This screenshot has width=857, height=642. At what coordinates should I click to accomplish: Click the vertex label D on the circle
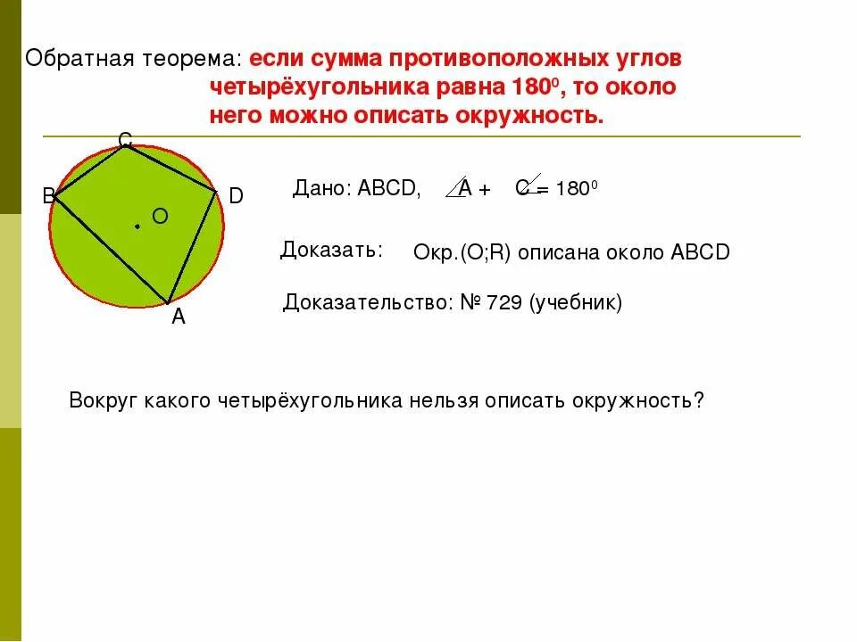pyautogui.click(x=236, y=196)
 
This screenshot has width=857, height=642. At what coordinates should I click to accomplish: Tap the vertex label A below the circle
pyautogui.click(x=179, y=317)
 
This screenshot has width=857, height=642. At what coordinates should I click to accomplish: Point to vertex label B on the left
pyautogui.click(x=48, y=197)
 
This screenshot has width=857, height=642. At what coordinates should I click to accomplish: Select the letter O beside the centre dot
pyautogui.click(x=160, y=216)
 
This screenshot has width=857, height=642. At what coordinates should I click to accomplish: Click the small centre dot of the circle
pyautogui.click(x=137, y=226)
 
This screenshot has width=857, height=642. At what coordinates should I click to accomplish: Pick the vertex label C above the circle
pyautogui.click(x=125, y=140)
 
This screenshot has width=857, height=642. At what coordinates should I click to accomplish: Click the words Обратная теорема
pyautogui.click(x=133, y=59)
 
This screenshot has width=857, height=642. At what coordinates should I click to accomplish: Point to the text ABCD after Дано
pyautogui.click(x=388, y=188)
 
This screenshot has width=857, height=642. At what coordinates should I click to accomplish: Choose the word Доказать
pyautogui.click(x=331, y=250)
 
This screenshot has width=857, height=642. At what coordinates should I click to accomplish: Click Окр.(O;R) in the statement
pyautogui.click(x=462, y=252)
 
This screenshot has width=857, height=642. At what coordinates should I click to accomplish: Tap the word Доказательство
pyautogui.click(x=367, y=303)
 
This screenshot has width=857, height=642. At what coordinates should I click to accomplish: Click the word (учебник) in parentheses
pyautogui.click(x=576, y=303)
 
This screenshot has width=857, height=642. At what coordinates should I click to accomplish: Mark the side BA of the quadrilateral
pyautogui.click(x=112, y=250)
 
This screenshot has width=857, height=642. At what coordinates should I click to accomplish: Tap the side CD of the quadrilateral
pyautogui.click(x=171, y=168)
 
